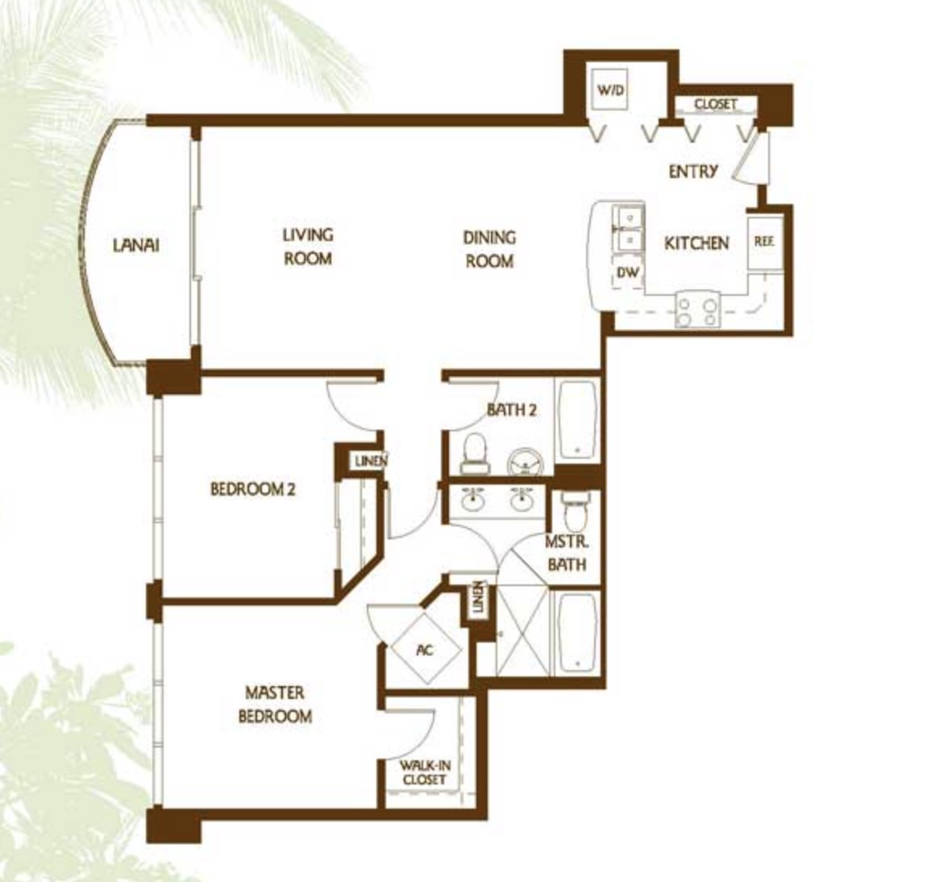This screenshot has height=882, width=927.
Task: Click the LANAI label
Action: pos(136,245)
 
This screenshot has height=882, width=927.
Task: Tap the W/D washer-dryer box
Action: pos(610,91)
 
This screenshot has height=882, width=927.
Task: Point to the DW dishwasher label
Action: pos(628,272)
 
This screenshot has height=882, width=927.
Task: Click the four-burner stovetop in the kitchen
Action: pos(697,310)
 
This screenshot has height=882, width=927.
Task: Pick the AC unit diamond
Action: pos(425,649)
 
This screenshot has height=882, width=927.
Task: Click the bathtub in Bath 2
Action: pos(576,419)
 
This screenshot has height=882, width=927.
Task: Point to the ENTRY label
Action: pos(693,172)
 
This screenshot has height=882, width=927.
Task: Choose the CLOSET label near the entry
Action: pos(715,105)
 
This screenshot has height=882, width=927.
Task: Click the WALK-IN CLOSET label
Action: pos(425,772)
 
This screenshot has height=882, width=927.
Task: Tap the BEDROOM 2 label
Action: pos(253,489)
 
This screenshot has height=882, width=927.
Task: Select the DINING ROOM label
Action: pos(489,249)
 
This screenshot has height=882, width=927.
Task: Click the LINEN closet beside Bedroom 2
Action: pos(371,460)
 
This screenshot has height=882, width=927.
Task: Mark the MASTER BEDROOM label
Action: pos(275,705)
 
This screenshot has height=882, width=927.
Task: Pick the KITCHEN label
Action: pos(696,243)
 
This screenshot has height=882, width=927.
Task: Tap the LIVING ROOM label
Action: pos(307,247)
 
